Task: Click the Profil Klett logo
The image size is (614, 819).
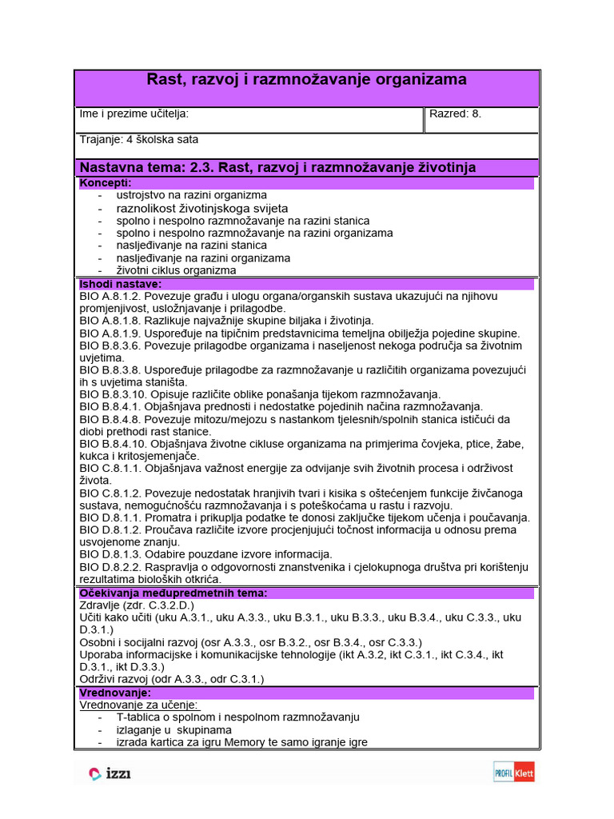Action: click(x=513, y=773)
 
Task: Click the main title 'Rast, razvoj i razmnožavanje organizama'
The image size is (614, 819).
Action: click(x=306, y=80)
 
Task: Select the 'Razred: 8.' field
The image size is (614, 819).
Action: click(x=456, y=114)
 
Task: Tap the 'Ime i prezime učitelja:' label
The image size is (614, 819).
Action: click(x=134, y=114)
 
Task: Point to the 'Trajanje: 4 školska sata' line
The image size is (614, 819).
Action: click(x=139, y=139)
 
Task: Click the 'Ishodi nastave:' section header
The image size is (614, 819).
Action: click(x=121, y=284)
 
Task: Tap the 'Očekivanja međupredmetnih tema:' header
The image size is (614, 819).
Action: click(x=173, y=593)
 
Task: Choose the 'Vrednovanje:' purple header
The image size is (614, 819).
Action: click(x=115, y=693)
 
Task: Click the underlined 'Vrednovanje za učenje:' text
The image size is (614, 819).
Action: click(x=139, y=705)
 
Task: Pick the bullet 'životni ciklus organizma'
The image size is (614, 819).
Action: click(x=176, y=270)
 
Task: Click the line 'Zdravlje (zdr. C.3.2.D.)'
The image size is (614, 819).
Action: click(x=137, y=605)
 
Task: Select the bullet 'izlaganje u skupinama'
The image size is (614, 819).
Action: click(x=174, y=729)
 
